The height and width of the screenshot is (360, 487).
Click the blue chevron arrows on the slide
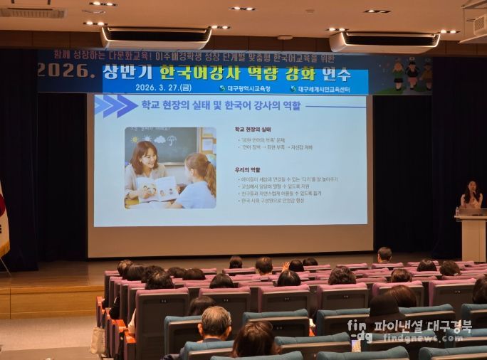115,106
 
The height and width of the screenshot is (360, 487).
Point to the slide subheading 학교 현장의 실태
252,129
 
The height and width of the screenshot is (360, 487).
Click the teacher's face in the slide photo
145,157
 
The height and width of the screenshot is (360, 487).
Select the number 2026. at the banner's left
66,70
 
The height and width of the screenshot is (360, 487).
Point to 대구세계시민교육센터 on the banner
328,89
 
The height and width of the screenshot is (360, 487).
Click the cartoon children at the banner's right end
411,73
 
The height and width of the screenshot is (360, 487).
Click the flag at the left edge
3,221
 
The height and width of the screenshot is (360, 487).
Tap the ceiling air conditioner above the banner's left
156,38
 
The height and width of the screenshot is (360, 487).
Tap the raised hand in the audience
285,266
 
